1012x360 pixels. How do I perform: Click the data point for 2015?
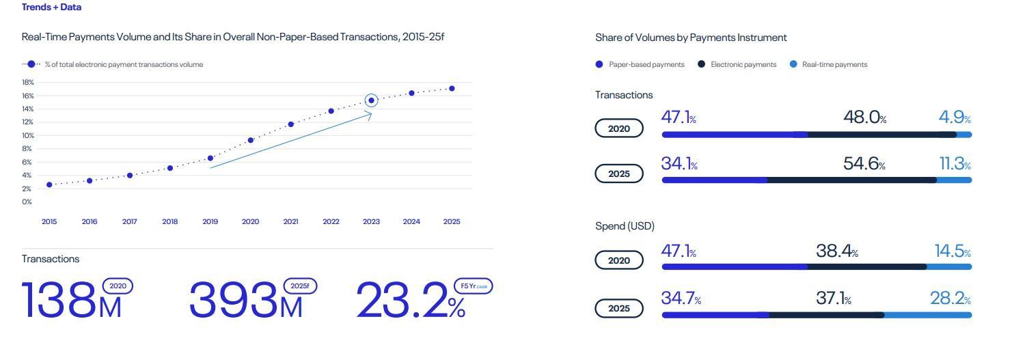(x=49, y=184)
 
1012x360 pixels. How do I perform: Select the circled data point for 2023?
(x=371, y=100)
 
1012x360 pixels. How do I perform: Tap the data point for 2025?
(x=452, y=88)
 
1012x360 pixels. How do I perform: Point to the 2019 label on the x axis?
(x=210, y=221)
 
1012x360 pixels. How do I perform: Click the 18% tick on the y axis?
(x=27, y=82)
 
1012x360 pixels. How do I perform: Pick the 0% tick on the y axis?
(x=27, y=202)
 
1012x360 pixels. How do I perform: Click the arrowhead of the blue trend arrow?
(x=369, y=114)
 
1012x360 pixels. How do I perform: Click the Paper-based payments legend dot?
(x=599, y=64)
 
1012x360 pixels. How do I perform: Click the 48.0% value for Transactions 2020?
(x=864, y=117)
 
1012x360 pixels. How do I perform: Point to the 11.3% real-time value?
(x=955, y=164)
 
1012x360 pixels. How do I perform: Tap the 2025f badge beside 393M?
(x=300, y=286)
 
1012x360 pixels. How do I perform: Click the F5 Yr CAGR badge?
(x=473, y=286)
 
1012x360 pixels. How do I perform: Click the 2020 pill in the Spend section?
(x=619, y=260)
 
